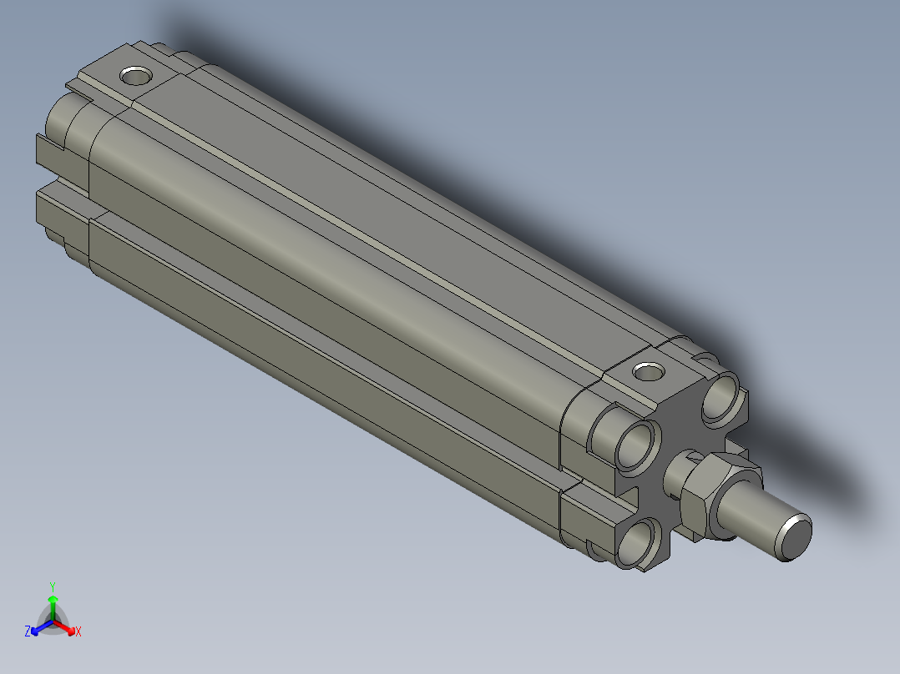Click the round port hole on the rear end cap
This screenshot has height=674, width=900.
click(x=135, y=77)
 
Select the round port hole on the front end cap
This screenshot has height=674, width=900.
click(x=646, y=370)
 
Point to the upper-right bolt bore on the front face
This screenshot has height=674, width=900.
click(x=720, y=398)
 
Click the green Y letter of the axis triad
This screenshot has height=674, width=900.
click(x=52, y=586)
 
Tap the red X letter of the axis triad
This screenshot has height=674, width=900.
click(x=78, y=632)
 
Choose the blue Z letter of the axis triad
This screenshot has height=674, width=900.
click(x=28, y=632)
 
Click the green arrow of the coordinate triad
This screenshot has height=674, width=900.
click(x=52, y=604)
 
